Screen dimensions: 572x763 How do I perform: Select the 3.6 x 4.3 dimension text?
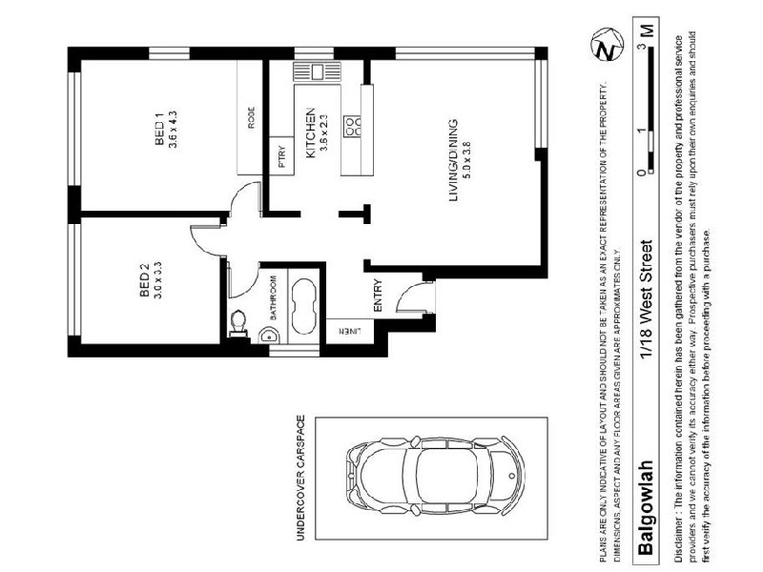click(x=173, y=126)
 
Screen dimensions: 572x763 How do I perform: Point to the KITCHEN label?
click(x=309, y=133)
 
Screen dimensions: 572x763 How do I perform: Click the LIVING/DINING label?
click(x=455, y=160)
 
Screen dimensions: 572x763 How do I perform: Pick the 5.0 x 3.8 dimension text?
click(x=468, y=160)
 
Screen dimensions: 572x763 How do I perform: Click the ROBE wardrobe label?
click(x=252, y=117)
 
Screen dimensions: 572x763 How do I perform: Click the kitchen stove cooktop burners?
click(x=352, y=125)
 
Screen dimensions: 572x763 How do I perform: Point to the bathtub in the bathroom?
click(x=304, y=304)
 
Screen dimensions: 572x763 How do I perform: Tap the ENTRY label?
click(x=377, y=295)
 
